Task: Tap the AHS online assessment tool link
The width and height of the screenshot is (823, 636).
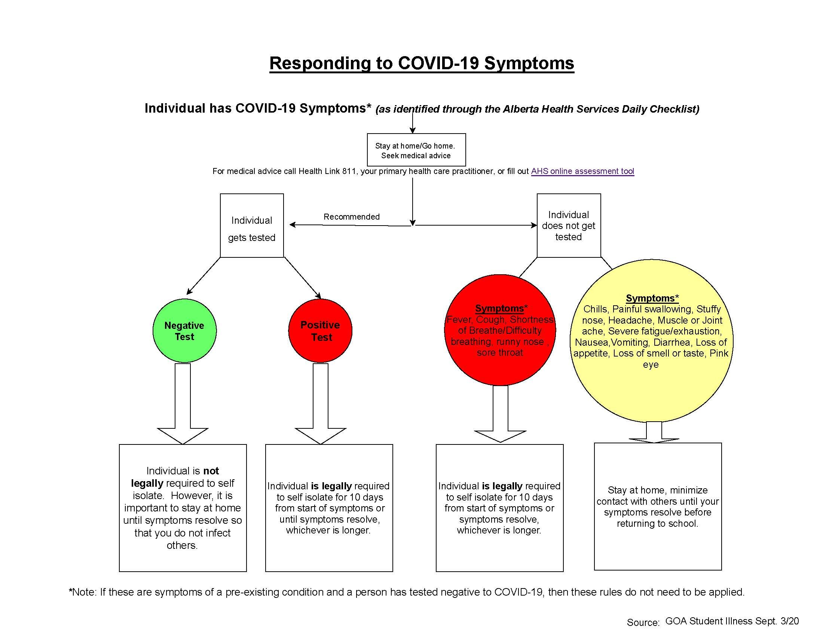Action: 582,171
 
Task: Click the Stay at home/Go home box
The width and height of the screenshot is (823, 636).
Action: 416,150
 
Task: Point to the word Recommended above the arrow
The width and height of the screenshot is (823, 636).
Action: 351,217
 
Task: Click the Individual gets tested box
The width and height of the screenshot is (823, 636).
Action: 252,226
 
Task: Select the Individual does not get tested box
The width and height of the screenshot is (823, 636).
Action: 568,226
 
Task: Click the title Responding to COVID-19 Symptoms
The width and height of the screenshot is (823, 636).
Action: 421,63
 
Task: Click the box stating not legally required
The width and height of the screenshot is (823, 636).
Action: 183,508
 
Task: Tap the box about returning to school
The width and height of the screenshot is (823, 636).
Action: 658,507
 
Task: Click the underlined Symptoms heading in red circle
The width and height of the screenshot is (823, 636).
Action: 499,308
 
